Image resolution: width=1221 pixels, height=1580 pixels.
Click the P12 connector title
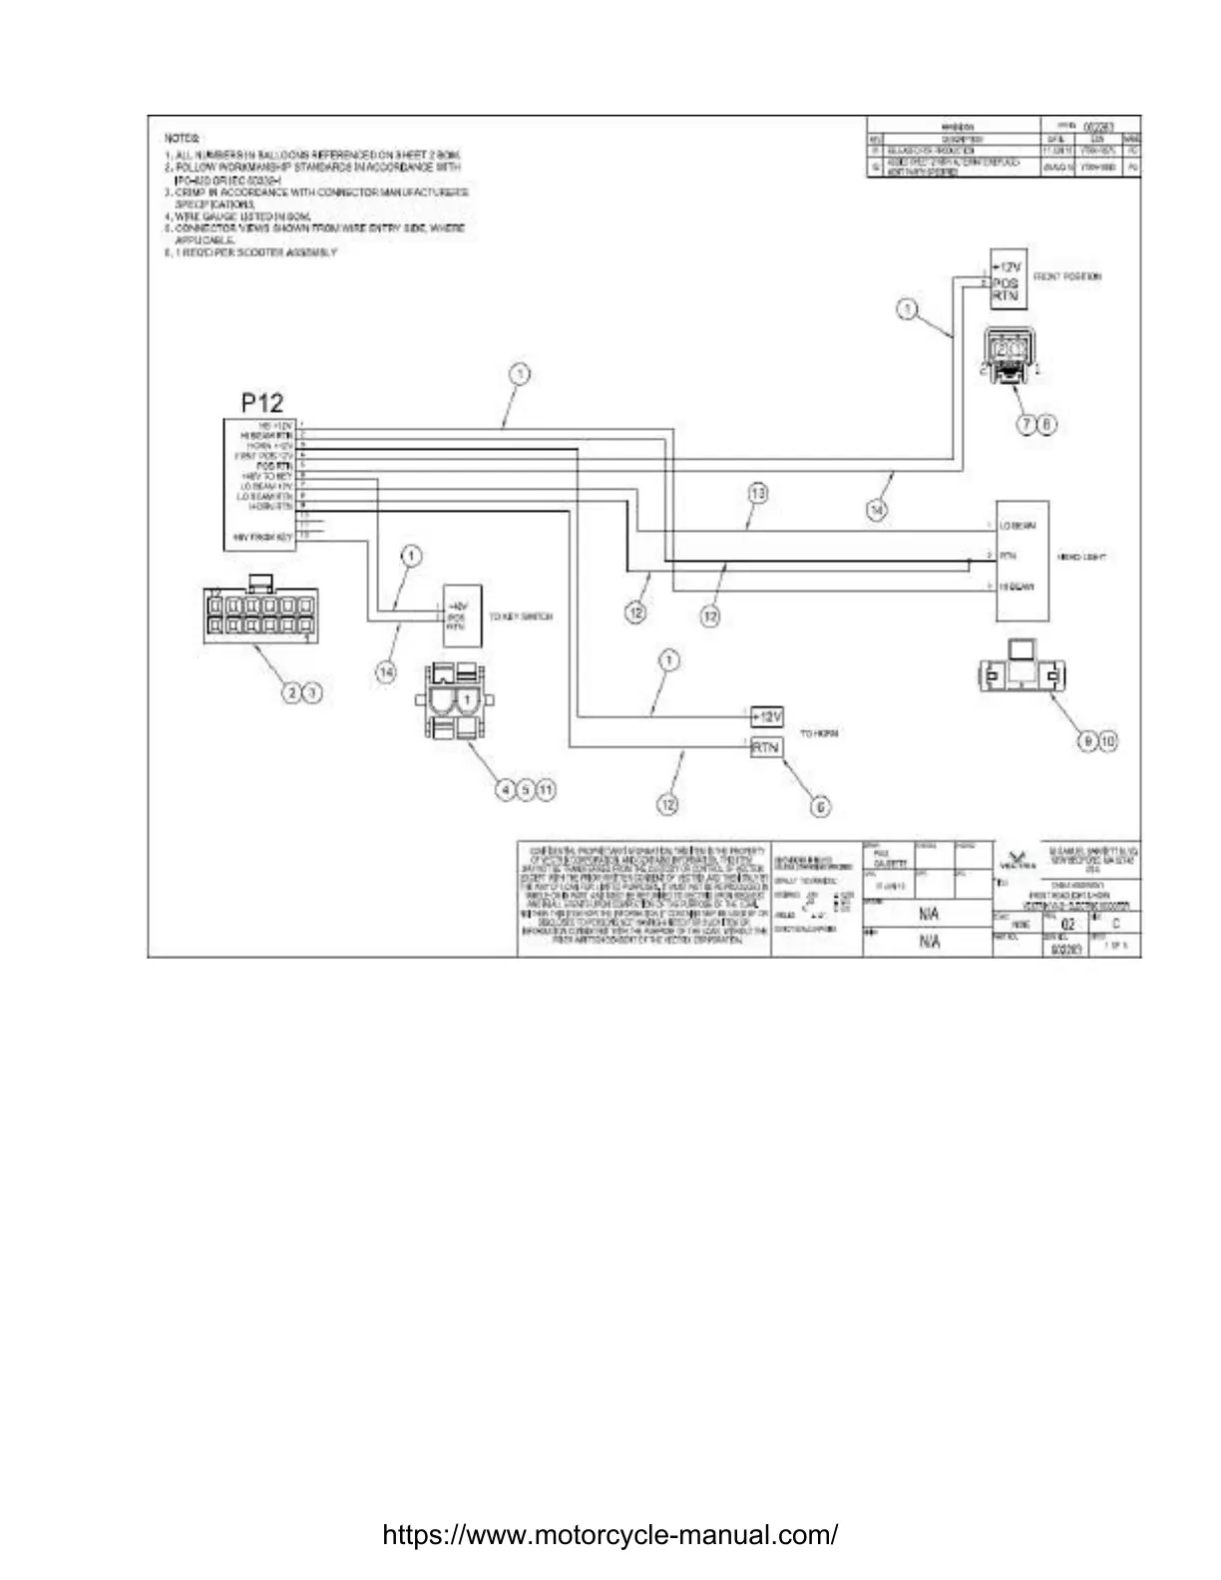(x=262, y=403)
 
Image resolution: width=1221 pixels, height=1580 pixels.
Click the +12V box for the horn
(x=766, y=717)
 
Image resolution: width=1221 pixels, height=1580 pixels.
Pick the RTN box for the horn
(x=766, y=747)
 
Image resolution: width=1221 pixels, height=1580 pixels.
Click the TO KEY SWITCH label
(x=521, y=617)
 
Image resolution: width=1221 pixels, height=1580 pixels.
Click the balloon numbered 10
(x=1108, y=740)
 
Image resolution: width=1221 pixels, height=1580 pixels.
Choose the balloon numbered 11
(x=547, y=789)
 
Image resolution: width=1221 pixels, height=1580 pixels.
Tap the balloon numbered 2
(x=290, y=691)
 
